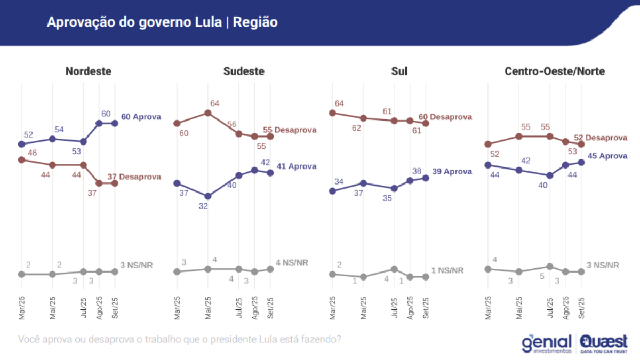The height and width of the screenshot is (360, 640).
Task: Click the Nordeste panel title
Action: coord(88,71)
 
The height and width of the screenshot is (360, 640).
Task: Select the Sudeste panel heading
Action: coord(244,71)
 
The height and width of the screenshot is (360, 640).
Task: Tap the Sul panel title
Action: coord(399,71)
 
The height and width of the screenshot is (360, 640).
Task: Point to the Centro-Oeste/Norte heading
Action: coord(555,71)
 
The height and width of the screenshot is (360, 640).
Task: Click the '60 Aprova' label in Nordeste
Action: coord(141,117)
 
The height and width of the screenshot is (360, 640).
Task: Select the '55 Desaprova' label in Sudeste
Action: coord(290,130)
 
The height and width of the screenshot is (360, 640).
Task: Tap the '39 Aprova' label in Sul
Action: coord(452,172)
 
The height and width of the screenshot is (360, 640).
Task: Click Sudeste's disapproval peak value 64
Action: coord(214,103)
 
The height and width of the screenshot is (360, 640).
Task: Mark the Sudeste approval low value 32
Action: coord(203,205)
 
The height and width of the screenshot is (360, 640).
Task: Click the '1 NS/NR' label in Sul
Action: coord(447,270)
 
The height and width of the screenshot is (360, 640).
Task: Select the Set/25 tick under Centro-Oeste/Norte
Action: coord(581,309)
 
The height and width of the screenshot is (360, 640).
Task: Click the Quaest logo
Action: coord(604,342)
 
